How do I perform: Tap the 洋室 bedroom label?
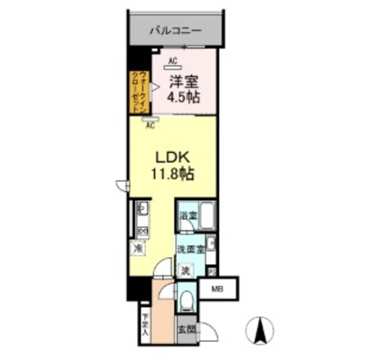(x=182, y=82)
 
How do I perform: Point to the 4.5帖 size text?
(x=182, y=98)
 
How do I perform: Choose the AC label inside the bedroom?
(x=173, y=61)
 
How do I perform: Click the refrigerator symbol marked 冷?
(x=139, y=248)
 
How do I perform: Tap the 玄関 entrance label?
(x=185, y=329)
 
